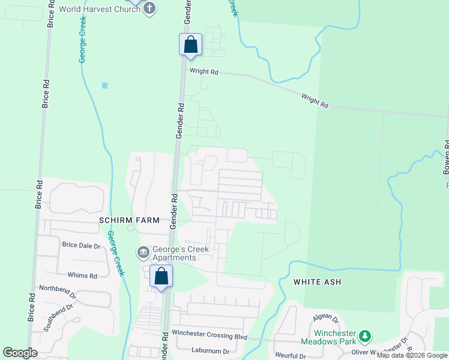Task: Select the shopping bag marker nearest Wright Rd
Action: (x=190, y=44)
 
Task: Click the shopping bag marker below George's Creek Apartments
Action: (x=161, y=277)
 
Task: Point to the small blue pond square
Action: (x=105, y=85)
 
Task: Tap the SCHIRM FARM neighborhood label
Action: (x=130, y=220)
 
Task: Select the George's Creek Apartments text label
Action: (x=175, y=253)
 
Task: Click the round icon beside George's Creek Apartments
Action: (x=143, y=252)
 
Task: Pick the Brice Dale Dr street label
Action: (x=82, y=245)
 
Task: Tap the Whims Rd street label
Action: (x=82, y=275)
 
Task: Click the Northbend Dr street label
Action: (x=58, y=291)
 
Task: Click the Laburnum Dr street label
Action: (x=211, y=350)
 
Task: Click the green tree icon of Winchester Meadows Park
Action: (x=364, y=335)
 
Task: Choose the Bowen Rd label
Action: (x=446, y=157)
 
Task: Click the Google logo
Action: (x=20, y=353)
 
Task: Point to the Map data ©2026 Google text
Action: (x=412, y=355)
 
